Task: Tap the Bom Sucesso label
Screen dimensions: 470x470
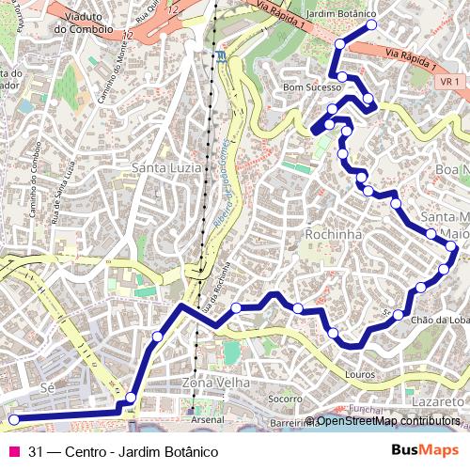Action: pos(313,86)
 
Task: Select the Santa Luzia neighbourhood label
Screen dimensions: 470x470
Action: pos(165,168)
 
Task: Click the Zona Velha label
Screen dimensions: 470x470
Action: pos(216,384)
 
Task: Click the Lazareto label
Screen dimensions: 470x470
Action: pos(438,401)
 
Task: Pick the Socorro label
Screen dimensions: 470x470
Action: pos(285,399)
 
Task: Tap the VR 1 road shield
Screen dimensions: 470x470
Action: pos(449,82)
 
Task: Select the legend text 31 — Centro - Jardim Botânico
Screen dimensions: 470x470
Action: pos(123,452)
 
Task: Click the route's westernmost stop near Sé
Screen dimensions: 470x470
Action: pos(13,419)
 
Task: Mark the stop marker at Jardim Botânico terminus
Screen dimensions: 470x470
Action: pos(371,25)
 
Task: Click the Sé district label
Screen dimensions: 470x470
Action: pos(49,387)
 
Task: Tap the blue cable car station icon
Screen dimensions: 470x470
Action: pos(220,55)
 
